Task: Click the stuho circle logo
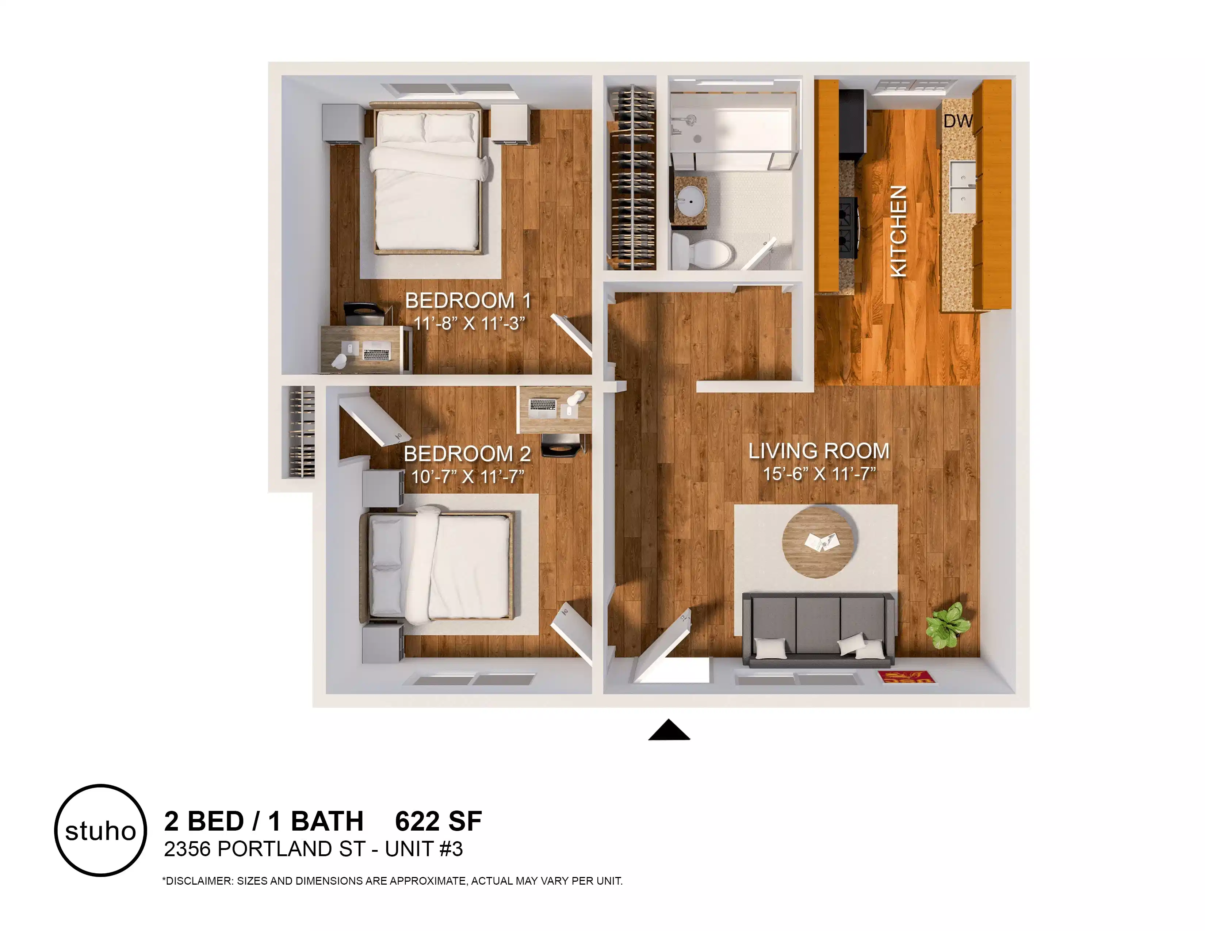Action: tap(100, 830)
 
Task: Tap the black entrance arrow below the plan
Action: tap(669, 731)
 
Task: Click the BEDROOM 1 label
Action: tap(468, 300)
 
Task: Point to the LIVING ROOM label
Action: tap(819, 451)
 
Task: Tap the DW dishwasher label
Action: tap(957, 121)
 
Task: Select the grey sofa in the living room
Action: tap(818, 630)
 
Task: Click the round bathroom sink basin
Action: tap(690, 201)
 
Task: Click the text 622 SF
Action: tap(438, 821)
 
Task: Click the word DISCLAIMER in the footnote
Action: tap(199, 881)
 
